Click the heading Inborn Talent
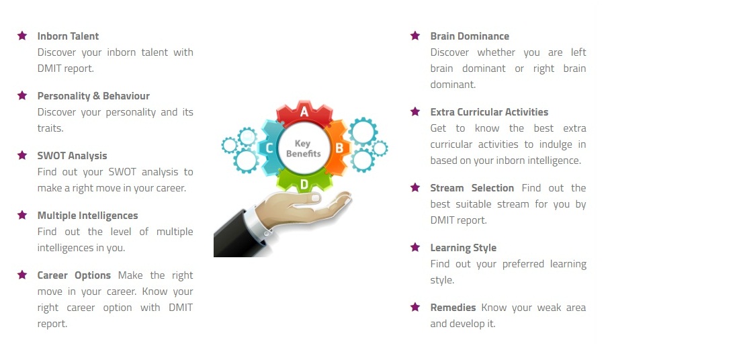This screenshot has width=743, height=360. pos(69,36)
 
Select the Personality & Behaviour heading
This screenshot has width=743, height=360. pos(93,95)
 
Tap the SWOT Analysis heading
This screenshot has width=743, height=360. pos(72,155)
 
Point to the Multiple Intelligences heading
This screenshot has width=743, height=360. pos(87,216)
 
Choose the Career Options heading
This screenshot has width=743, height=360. pos(74,275)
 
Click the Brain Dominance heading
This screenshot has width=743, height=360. pos(470,36)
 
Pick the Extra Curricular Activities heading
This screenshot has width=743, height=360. pos(489,111)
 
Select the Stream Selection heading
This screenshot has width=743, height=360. pos(472,188)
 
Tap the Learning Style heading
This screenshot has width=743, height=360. pos(463,248)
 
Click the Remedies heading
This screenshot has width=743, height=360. pos(453,308)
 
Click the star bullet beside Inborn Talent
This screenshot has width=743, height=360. pos(21,36)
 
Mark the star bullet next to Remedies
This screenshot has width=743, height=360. pos(415,307)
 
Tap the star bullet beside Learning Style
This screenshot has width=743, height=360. pos(415,247)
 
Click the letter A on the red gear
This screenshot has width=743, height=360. pos(304,111)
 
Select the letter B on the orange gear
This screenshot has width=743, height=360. pos(339,148)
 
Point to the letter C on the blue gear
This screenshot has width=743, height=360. pos(269,148)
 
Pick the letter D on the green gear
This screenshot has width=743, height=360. pos(304,184)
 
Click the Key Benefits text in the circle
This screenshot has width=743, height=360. pos(303,148)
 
